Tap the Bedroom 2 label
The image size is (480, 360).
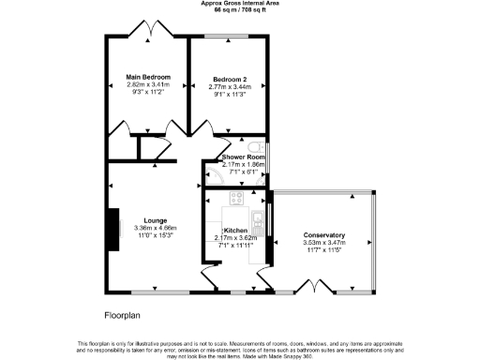point(229,79)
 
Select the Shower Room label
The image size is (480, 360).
point(239,156)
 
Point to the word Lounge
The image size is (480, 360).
point(142,220)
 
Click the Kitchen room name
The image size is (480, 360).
point(235,230)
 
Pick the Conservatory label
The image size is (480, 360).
point(324,235)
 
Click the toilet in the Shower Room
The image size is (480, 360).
point(265,157)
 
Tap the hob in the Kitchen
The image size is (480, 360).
point(235,199)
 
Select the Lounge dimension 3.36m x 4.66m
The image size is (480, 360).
point(142,228)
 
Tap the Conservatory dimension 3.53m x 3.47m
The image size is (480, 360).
point(324,243)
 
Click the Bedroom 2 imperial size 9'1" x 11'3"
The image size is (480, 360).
point(229,94)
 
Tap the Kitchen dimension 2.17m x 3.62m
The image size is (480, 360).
point(235,237)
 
